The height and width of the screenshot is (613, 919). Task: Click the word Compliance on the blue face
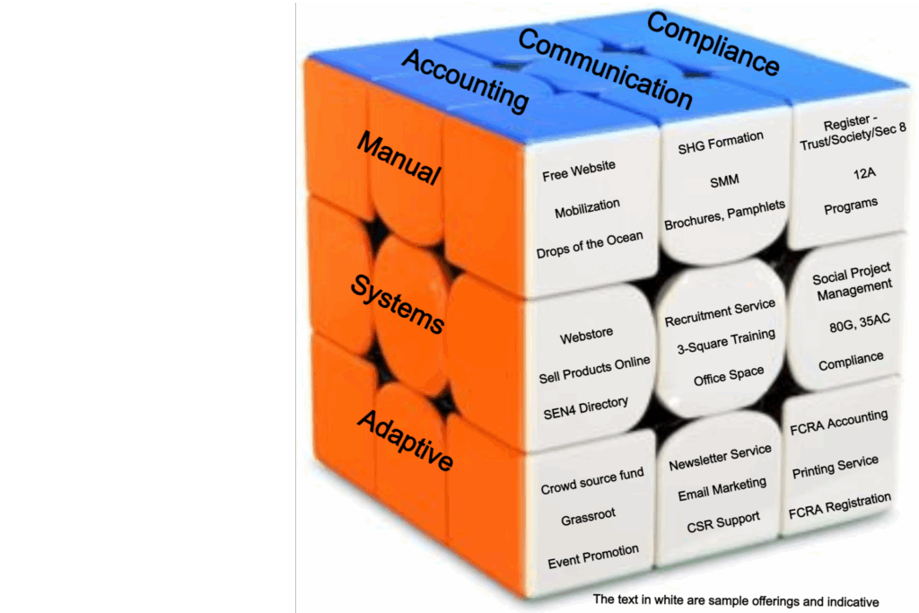[713, 44]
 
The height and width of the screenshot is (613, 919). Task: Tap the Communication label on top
[605, 69]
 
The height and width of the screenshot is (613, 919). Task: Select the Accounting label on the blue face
[465, 81]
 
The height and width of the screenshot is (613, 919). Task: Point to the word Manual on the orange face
[399, 158]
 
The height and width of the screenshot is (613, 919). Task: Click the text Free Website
[579, 171]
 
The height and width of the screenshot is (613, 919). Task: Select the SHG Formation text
[721, 142]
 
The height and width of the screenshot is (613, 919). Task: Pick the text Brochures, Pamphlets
[724, 216]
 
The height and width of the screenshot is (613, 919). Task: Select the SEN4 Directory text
[586, 408]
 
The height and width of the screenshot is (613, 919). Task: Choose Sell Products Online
[594, 369]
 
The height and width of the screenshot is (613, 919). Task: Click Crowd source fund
[592, 481]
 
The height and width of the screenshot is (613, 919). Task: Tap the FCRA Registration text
[840, 506]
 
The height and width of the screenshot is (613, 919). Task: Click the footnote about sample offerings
[736, 600]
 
